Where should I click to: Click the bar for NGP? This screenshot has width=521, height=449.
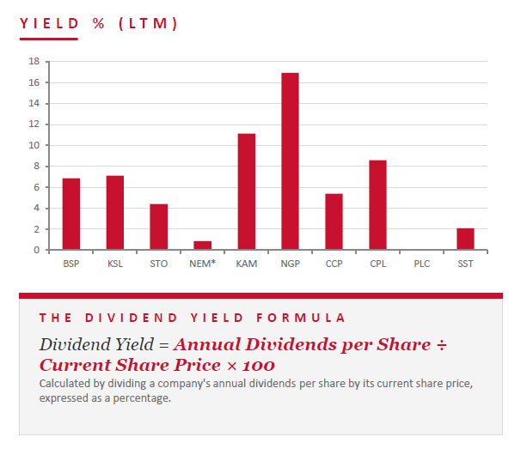coord(290,161)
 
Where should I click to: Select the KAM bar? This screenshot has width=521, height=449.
coord(247,191)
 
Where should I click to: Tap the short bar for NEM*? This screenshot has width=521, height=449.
coord(203,246)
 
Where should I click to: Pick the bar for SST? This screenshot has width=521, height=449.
coord(465,239)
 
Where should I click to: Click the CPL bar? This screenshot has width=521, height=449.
coord(377,205)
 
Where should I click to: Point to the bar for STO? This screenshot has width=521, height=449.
coord(159,227)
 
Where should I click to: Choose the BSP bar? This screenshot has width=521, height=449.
coord(71,214)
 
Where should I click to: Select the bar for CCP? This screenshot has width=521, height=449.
coord(334,221)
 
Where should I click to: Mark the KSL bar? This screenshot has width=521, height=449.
coord(115,213)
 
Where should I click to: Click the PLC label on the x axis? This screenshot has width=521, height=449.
coord(421,264)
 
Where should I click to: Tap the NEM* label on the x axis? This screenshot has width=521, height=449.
coord(202,264)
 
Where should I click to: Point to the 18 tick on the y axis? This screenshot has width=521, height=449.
coord(34,61)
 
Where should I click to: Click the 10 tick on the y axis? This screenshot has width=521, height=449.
coord(34,145)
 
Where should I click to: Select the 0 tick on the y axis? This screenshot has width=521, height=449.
coord(37,250)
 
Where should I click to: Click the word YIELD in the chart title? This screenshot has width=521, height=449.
coord(49,23)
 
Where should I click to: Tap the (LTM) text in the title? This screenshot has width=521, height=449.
coord(148,23)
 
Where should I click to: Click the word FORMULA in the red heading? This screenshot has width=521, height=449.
coord(301,318)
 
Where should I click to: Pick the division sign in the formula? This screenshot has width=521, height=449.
coord(442,345)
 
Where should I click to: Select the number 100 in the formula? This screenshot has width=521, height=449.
coord(259,366)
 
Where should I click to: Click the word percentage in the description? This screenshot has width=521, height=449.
coord(142,398)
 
